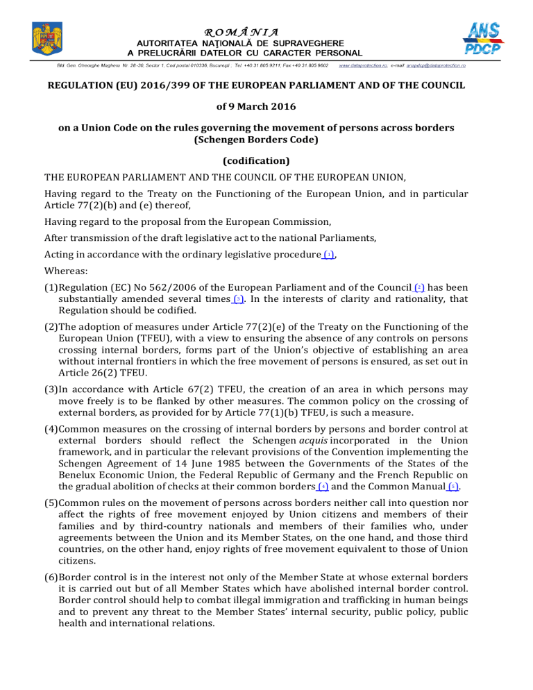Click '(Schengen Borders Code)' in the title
(x=266, y=142)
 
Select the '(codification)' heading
(x=266, y=161)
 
